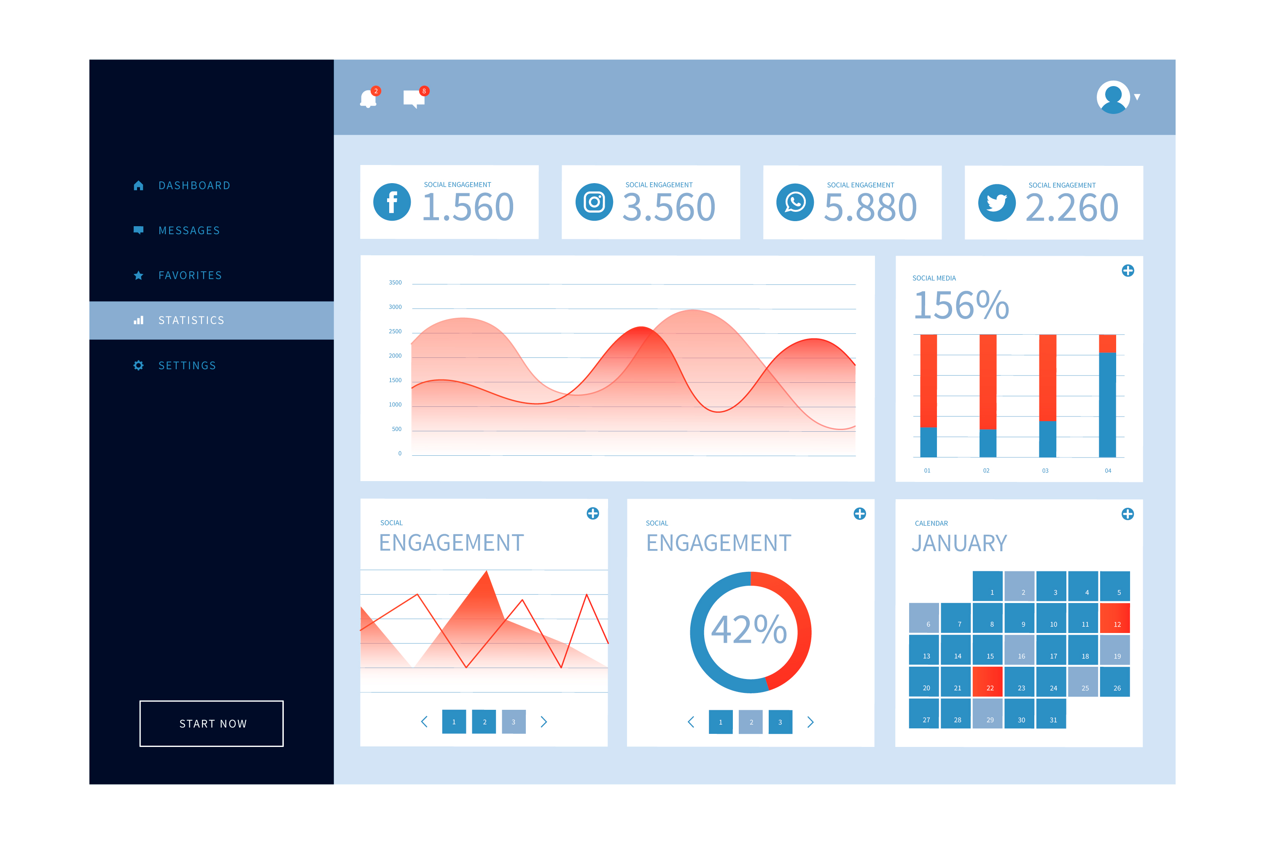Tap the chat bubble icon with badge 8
(414, 98)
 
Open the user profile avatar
(1113, 97)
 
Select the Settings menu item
(187, 365)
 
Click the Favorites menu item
(190, 276)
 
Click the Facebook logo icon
(392, 203)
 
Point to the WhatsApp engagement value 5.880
(870, 208)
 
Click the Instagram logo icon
(594, 203)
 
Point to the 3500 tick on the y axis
(396, 283)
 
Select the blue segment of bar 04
(1107, 405)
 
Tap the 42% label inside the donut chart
(749, 630)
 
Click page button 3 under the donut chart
(780, 722)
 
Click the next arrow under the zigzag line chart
(544, 722)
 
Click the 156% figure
(961, 305)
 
